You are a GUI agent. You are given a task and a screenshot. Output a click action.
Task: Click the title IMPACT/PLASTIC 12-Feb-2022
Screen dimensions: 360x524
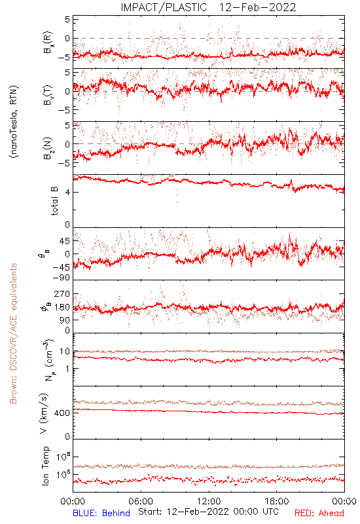(x=208, y=7)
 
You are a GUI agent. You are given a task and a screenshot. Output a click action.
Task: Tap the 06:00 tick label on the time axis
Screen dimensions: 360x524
(x=141, y=501)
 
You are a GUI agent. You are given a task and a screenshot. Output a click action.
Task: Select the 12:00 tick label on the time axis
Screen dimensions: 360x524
(x=209, y=501)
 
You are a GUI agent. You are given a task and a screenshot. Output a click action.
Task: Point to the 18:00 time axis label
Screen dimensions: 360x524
(x=277, y=501)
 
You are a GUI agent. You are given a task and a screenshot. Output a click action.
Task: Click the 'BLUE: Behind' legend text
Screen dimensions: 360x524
(x=101, y=513)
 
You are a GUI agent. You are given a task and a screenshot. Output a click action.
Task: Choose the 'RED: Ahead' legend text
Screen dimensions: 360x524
(x=319, y=513)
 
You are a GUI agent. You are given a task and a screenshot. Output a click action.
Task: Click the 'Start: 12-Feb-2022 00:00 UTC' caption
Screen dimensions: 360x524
(x=208, y=512)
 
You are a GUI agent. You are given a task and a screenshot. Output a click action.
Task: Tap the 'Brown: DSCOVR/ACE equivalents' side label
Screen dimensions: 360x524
(x=13, y=333)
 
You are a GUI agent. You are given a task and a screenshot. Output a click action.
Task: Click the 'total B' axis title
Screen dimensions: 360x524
(x=54, y=200)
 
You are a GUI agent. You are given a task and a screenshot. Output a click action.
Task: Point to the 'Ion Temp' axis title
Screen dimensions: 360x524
(x=45, y=465)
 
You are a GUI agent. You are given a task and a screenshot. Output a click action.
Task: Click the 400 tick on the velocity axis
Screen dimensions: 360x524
(x=62, y=413)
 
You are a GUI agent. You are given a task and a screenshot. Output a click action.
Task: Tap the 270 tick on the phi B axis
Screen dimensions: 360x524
(x=62, y=294)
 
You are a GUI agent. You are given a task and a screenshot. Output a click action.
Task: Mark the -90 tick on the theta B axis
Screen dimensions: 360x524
(x=61, y=278)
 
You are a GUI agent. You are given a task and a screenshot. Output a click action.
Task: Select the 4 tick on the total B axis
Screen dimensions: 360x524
(x=67, y=192)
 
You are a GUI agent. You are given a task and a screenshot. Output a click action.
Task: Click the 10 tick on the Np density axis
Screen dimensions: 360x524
(x=65, y=352)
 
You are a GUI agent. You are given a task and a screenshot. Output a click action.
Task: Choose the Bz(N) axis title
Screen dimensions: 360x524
(x=48, y=148)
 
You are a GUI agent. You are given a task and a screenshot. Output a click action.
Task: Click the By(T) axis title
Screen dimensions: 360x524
(x=48, y=95)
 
